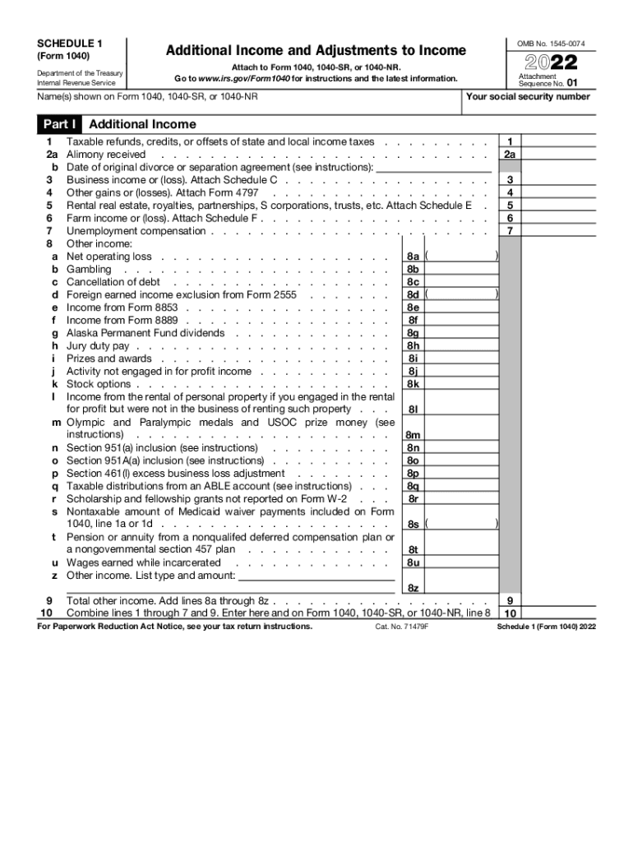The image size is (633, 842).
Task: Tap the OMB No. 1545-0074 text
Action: (551, 42)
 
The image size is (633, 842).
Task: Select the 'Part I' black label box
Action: (58, 124)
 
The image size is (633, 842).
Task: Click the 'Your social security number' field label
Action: (528, 96)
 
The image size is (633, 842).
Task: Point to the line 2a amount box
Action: (510, 154)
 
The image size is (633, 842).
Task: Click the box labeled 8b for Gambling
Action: (413, 269)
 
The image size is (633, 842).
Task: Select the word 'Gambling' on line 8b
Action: (89, 269)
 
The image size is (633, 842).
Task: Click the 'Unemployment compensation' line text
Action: (136, 231)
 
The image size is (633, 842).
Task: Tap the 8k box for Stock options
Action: (413, 384)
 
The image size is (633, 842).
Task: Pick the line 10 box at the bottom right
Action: (510, 613)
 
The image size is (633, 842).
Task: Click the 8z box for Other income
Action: (413, 588)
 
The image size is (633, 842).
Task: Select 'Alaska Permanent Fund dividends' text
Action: (145, 333)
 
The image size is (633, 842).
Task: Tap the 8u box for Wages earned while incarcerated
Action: (413, 562)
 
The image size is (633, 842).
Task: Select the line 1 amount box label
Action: (510, 141)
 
